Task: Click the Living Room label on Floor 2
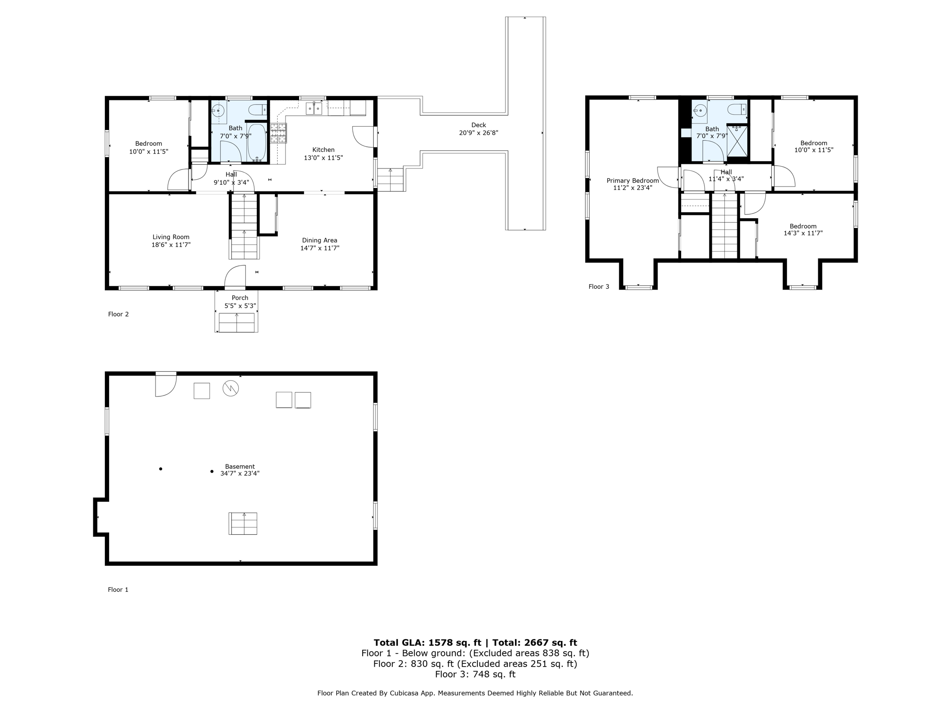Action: [171, 237]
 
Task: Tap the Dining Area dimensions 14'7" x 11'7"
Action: [319, 248]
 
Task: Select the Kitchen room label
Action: [323, 150]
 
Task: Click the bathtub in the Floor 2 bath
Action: [256, 142]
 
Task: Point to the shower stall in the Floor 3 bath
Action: [737, 141]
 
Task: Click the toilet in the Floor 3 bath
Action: [736, 110]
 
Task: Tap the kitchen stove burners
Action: [278, 133]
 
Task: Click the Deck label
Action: [478, 125]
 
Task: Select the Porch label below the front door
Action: [240, 298]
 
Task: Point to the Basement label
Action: [240, 467]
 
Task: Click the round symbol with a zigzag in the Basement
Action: [231, 388]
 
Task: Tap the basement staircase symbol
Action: [243, 524]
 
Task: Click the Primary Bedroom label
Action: [632, 181]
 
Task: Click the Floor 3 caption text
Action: [599, 287]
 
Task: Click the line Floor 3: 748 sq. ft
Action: [475, 674]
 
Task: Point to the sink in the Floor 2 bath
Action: [218, 110]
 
